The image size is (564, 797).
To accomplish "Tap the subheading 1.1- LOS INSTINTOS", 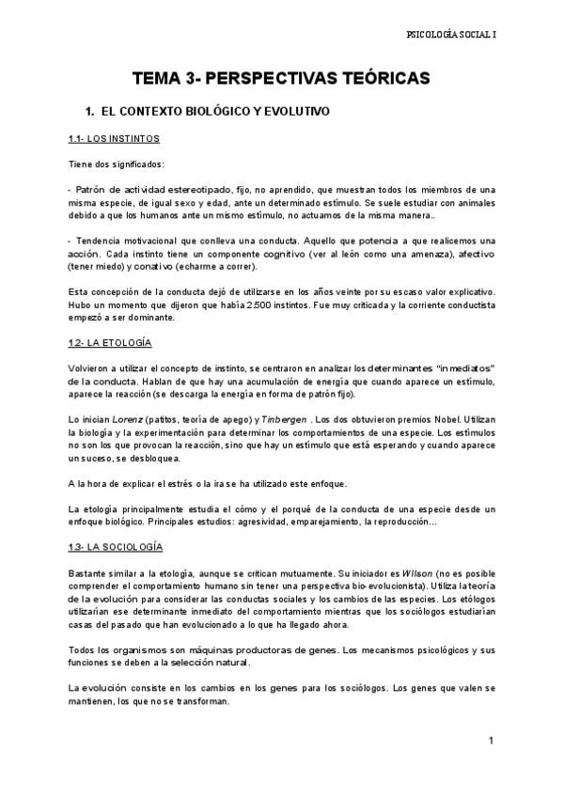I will point(114,139).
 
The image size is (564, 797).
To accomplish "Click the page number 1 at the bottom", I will point(491,742).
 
